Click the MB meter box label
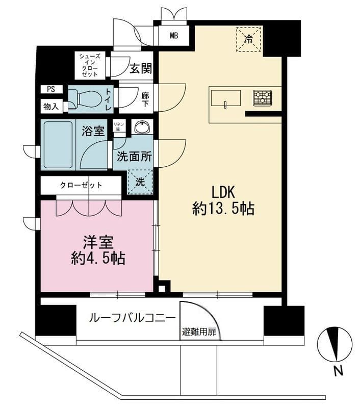[173, 36]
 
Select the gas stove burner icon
[263, 97]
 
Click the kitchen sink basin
[225, 98]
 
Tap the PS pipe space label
[51, 89]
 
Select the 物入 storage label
[51, 107]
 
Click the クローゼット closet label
[81, 185]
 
